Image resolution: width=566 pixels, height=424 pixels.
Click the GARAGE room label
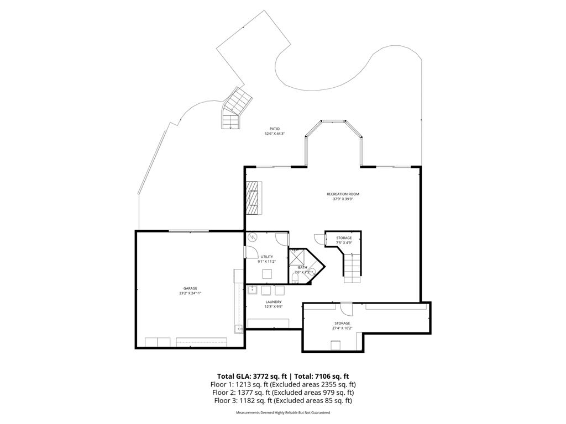190,288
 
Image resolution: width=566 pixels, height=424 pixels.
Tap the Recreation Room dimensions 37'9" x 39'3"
343,199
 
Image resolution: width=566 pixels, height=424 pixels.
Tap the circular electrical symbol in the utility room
253,237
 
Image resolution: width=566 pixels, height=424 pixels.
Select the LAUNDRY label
274,302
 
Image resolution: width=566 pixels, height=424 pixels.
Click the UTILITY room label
267,257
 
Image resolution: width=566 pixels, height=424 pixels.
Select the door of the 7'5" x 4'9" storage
319,238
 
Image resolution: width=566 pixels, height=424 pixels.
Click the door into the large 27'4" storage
346,309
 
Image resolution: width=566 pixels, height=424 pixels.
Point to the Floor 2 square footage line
282,392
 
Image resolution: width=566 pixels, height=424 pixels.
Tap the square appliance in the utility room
268,274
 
